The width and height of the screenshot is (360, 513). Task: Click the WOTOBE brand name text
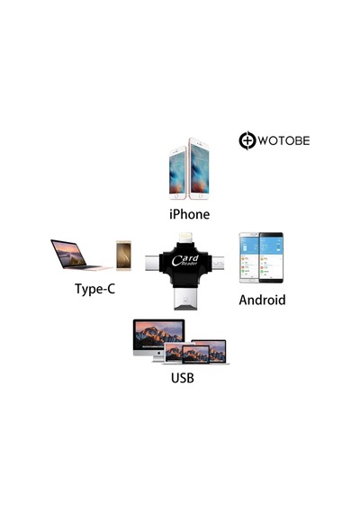pos(283,140)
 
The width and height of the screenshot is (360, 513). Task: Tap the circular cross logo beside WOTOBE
pos(247,140)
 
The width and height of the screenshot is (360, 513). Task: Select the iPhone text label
pos(190,214)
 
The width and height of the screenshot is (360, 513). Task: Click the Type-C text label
pos(94,289)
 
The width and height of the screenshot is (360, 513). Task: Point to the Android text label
pos(262,300)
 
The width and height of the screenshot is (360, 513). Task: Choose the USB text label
pos(183,378)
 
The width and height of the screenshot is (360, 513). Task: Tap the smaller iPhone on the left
pos(177,173)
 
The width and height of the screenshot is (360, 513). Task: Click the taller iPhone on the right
pos(199,168)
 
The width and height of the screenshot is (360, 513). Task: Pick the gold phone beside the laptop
pos(123,256)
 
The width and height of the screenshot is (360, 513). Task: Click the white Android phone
pos(249,257)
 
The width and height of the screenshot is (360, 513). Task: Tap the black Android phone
pos(271,257)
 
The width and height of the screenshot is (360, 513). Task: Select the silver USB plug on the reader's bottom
pos(186,299)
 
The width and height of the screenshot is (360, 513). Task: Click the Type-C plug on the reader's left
pos(152,264)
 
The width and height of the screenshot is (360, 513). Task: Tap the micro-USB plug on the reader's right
pos(217,263)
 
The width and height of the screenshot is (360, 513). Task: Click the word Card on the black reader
pos(184,259)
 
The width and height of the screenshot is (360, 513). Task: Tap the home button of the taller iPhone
pos(199,196)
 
